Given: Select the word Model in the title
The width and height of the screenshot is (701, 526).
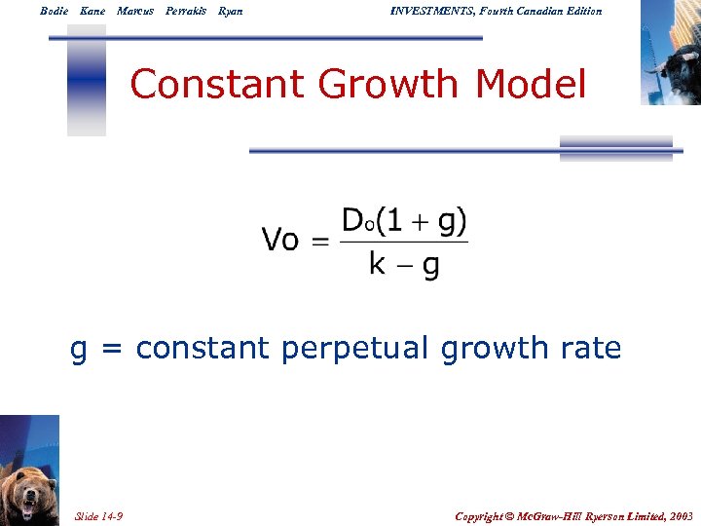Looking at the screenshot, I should pos(532,85).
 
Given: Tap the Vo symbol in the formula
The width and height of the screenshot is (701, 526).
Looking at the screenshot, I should pos(280,240).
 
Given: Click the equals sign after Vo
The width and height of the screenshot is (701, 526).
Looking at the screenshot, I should pos(320,241).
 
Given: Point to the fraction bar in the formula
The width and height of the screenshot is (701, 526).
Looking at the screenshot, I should pos(404,243).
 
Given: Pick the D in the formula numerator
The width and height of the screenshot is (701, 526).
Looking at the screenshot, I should pos(352,221).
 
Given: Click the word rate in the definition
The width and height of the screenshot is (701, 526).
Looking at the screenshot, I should pos(590,348).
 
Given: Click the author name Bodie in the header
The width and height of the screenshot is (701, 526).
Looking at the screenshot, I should pos(55,11).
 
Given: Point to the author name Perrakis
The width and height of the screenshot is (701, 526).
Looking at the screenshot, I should pos(185,11).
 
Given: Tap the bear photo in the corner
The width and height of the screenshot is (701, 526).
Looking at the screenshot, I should pos(29,470).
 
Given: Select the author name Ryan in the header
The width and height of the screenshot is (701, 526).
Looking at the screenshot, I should pos(231,11).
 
